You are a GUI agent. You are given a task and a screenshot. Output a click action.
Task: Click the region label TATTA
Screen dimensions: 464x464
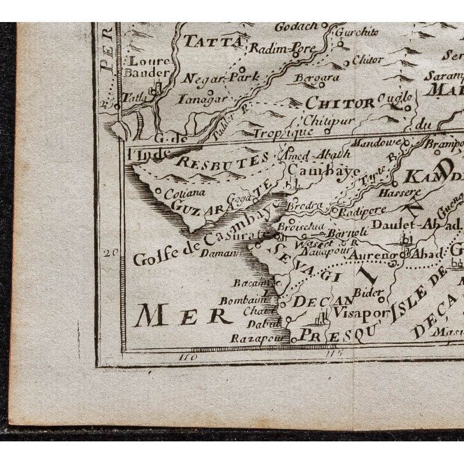[213, 41]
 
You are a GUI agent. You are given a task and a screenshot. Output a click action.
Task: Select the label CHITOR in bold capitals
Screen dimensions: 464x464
[339, 103]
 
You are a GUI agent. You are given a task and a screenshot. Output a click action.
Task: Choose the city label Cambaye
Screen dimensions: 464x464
[313, 169]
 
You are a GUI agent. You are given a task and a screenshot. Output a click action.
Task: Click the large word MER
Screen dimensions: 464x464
[182, 316]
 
